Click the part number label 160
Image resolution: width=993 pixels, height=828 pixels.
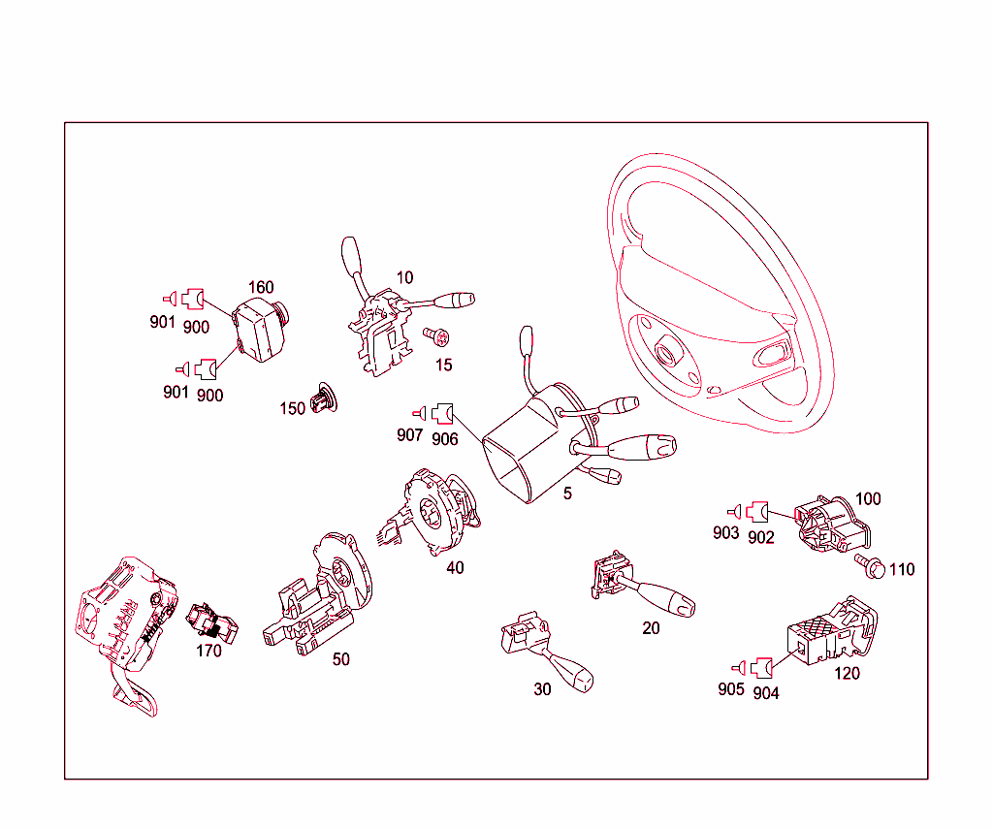tap(261, 287)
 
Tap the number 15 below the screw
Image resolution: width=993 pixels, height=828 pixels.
tap(444, 366)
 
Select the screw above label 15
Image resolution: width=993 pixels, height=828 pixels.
tap(436, 336)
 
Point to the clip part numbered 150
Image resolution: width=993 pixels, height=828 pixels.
tap(324, 398)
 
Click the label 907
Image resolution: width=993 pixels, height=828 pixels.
tap(410, 435)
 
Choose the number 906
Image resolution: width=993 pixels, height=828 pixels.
tap(444, 439)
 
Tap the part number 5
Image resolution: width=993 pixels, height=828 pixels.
tap(567, 494)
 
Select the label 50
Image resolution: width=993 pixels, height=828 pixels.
tap(341, 659)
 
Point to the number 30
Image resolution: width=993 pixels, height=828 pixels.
tap(543, 689)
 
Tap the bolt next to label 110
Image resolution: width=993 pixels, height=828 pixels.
tap(870, 566)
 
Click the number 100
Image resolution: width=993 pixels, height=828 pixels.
tap(868, 499)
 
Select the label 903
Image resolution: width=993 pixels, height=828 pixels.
tap(725, 533)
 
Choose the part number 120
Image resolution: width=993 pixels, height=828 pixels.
tap(847, 674)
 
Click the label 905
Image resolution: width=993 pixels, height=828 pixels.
tap(731, 689)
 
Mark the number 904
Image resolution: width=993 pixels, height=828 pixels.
tap(766, 694)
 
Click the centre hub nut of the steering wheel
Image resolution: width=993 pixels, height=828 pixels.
tap(665, 350)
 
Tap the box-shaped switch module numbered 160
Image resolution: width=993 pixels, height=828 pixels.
tap(261, 330)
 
